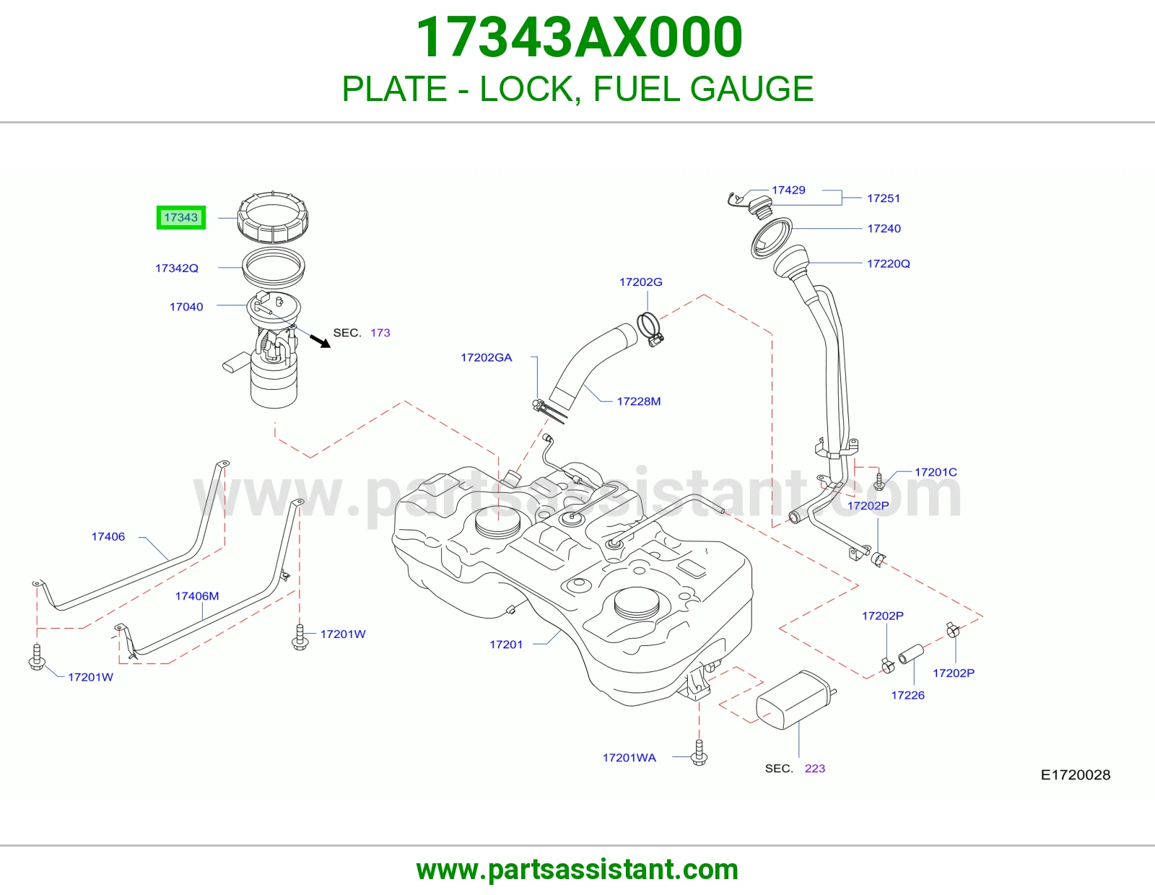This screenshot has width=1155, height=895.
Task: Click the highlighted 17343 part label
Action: (x=180, y=217)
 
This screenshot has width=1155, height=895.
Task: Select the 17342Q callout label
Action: (x=176, y=268)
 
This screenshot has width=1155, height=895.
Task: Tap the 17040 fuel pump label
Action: (x=186, y=307)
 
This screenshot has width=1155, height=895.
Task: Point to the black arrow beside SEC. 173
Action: (x=320, y=341)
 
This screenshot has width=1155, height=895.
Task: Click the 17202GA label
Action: (x=487, y=358)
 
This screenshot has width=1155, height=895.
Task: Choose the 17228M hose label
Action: (x=638, y=401)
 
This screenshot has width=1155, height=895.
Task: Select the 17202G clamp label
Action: (x=640, y=281)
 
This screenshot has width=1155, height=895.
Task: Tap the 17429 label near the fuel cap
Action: (x=788, y=190)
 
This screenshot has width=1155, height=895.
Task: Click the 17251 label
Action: (x=884, y=198)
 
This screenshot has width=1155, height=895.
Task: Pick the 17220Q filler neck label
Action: (x=888, y=263)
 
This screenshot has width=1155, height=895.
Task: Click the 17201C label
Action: (x=936, y=472)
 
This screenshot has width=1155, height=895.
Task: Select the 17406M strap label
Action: (x=196, y=596)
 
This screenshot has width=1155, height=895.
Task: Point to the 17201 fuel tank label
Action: (x=506, y=645)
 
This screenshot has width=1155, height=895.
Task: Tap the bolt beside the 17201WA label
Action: (x=699, y=753)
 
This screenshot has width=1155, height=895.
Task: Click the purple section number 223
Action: (x=815, y=769)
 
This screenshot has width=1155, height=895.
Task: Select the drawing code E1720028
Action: (x=1076, y=775)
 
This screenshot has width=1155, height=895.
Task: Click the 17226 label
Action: (x=908, y=695)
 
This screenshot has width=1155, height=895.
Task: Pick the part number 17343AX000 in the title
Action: (x=578, y=38)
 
